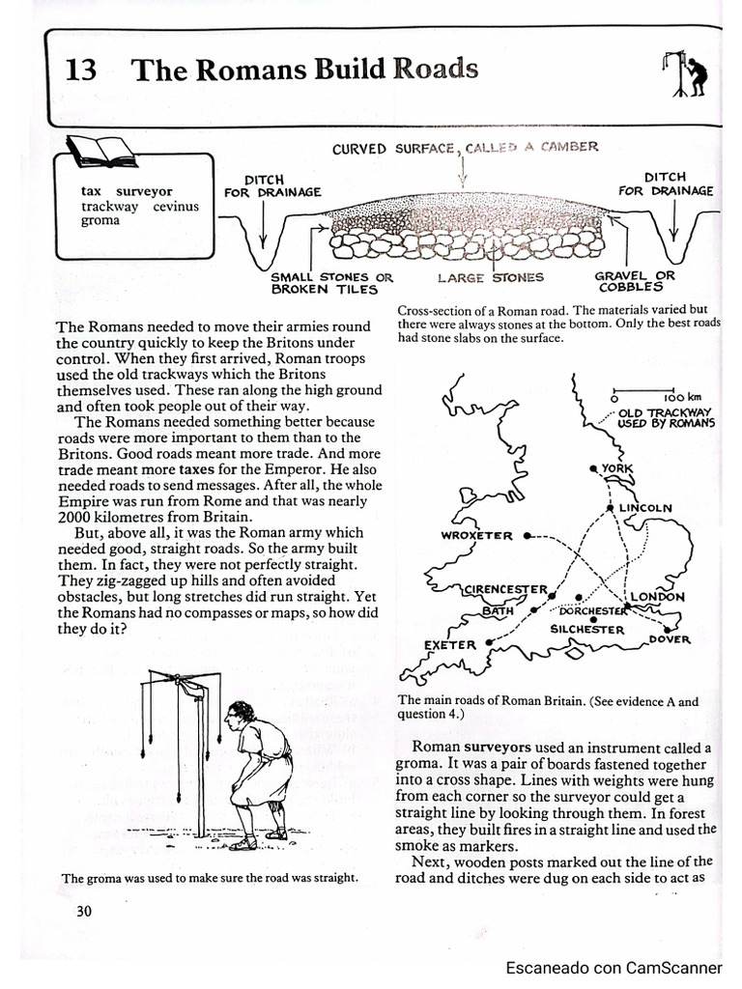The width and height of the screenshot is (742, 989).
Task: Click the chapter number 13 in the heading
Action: (80, 71)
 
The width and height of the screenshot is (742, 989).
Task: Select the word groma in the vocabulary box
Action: (100, 220)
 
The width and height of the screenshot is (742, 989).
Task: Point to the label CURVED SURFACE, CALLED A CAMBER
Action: (465, 148)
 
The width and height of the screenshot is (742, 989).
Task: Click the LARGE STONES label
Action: (491, 278)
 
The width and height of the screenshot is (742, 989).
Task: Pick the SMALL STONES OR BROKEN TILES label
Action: (331, 282)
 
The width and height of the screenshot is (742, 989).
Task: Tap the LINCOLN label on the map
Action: (644, 507)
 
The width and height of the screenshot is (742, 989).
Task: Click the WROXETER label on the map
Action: (476, 536)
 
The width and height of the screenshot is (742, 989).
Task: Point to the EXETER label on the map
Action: (450, 644)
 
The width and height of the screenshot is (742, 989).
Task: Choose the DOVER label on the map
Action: (670, 638)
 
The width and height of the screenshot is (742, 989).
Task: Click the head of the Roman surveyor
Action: (239, 714)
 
